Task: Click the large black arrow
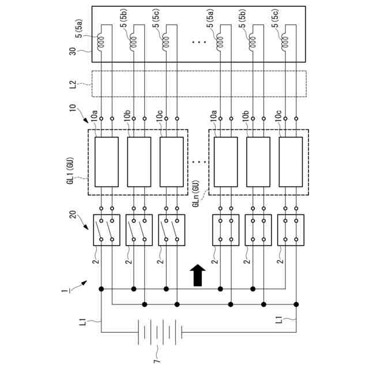(x=197, y=274)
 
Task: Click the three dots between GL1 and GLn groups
(x=198, y=162)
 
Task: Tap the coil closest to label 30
(x=101, y=42)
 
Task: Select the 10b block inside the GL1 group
(x=139, y=162)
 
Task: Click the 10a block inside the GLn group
(x=225, y=162)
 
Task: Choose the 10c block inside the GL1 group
(x=171, y=162)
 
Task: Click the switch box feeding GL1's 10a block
(x=106, y=230)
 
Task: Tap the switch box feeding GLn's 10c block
(x=290, y=230)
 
